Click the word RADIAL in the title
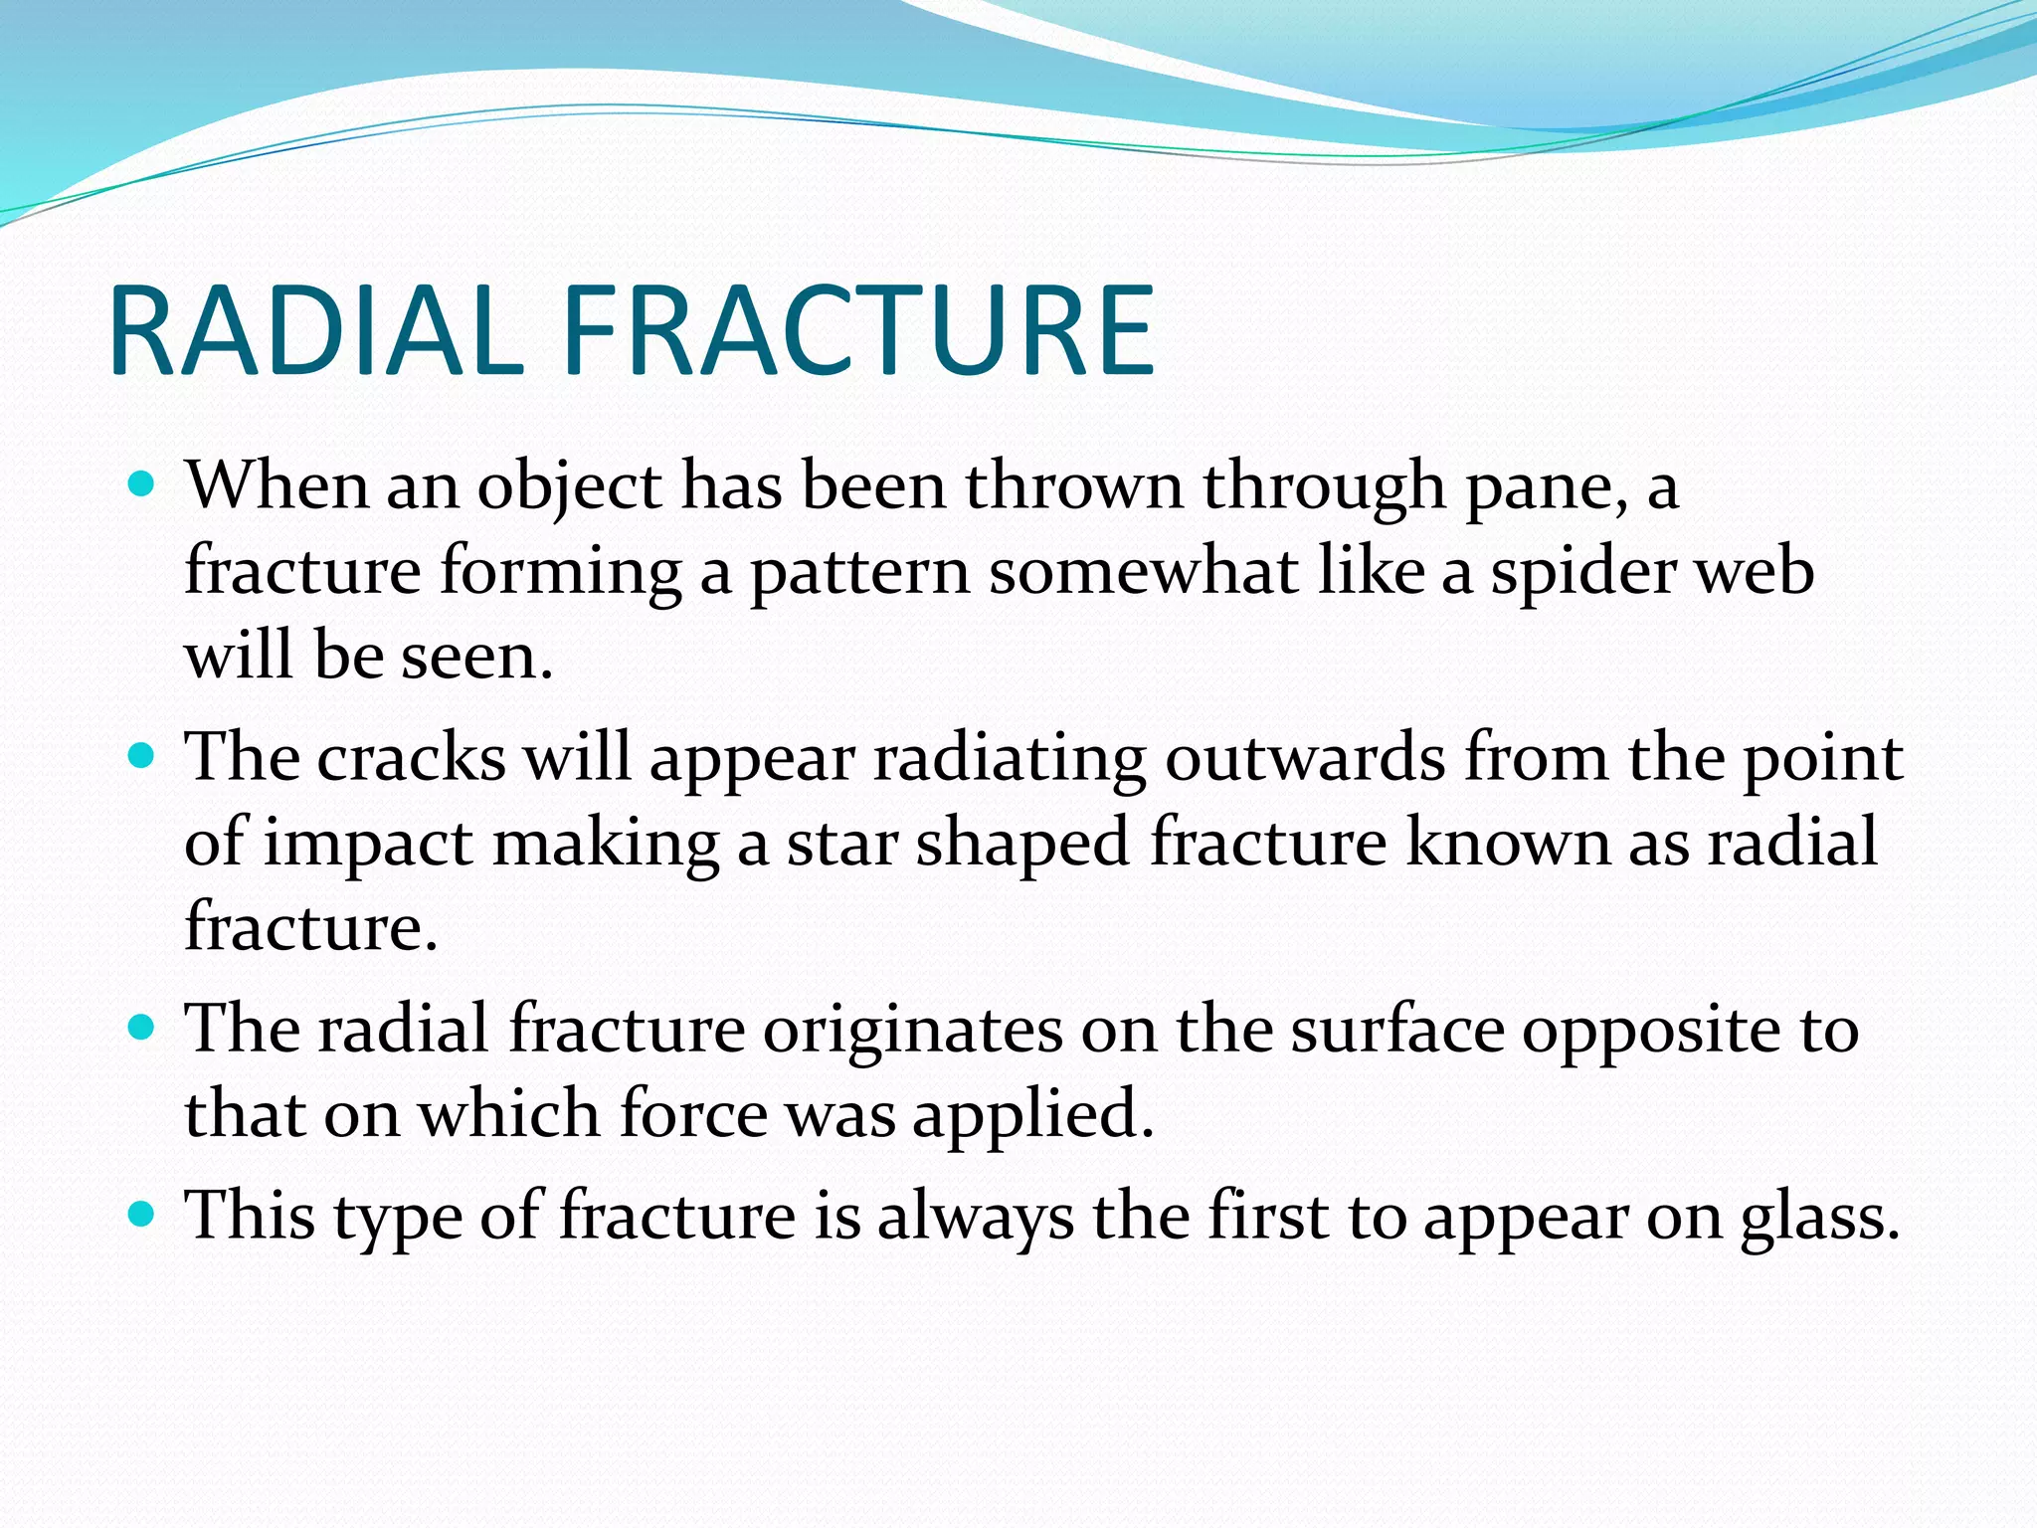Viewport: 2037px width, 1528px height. [x=316, y=331]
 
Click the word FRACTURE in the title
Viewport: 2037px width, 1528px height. [x=857, y=331]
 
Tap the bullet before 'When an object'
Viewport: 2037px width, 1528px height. [x=143, y=485]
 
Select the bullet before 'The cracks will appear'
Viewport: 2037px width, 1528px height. [x=143, y=757]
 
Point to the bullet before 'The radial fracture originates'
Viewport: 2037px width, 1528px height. [x=143, y=1028]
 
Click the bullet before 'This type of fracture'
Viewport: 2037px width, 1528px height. [x=143, y=1214]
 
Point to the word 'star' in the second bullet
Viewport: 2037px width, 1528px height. [x=842, y=844]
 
